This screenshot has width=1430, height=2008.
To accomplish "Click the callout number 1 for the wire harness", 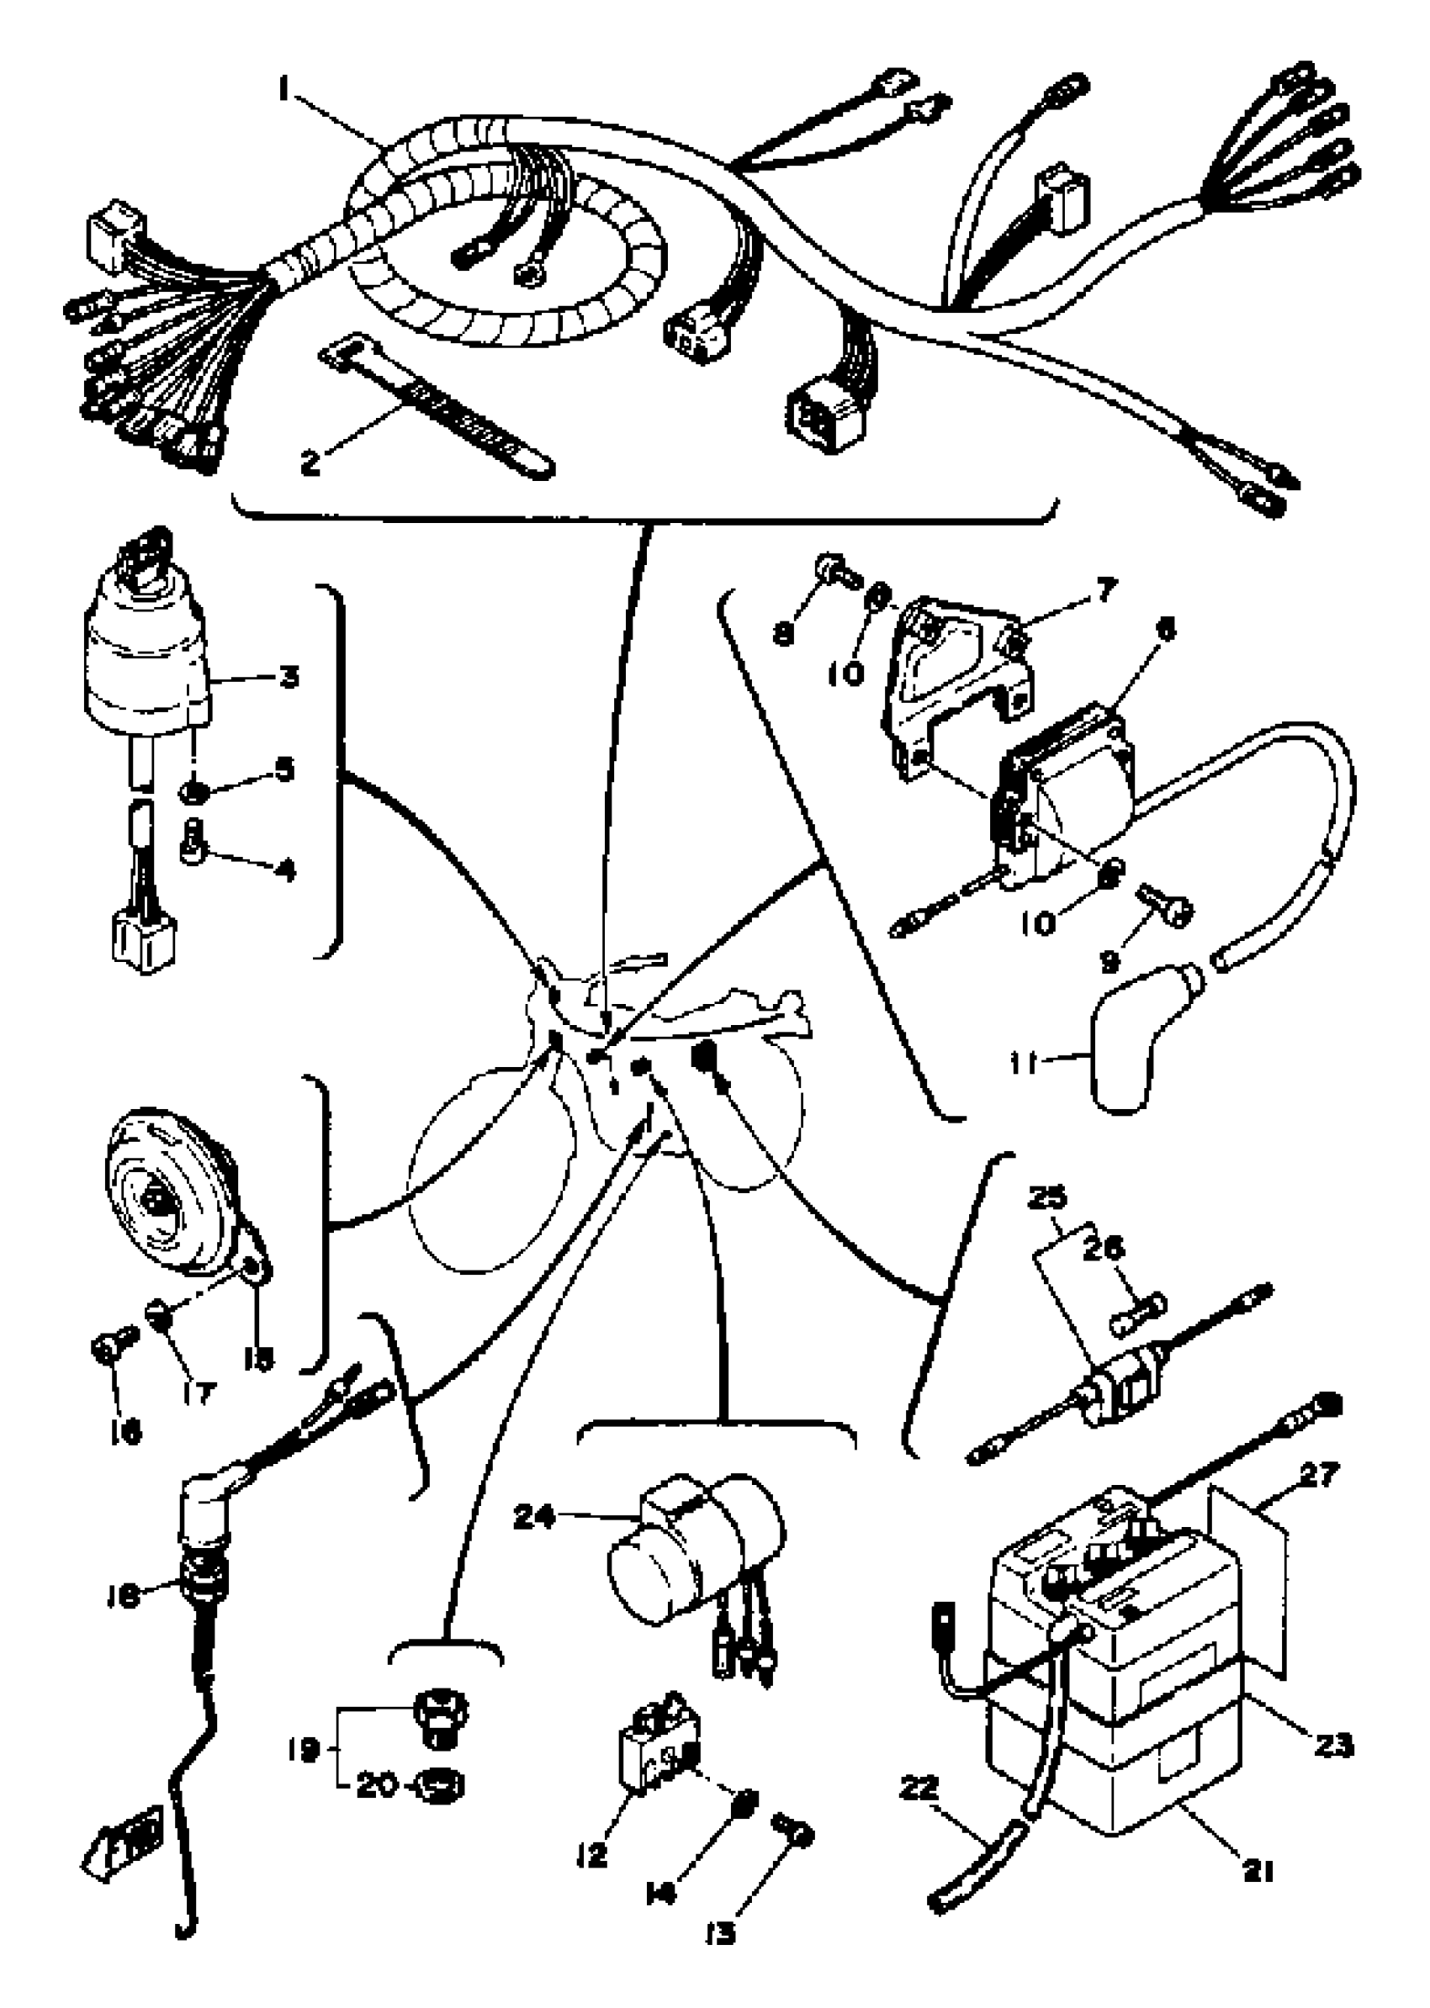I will click(x=283, y=88).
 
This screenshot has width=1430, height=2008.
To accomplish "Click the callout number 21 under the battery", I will click(x=1259, y=1867).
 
